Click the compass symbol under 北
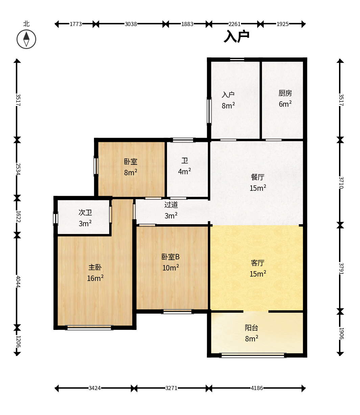coord(26,40)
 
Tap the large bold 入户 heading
coord(237,36)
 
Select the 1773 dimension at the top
coord(76,24)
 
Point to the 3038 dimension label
coord(131,24)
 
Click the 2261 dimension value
coord(234,24)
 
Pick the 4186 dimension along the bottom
coord(257,388)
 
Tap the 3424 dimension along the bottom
coord(94,388)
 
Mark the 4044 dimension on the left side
coord(18,282)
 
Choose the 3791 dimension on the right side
coord(341,268)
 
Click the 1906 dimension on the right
coord(341,333)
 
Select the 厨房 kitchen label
coord(285,93)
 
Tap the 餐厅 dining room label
coord(258,177)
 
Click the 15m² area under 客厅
coord(258,274)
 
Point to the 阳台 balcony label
coord(251,328)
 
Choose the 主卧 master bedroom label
coord(95,267)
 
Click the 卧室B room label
coord(170,257)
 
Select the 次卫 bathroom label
coord(85,212)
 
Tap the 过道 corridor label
coord(171,205)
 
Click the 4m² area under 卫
coord(185,172)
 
